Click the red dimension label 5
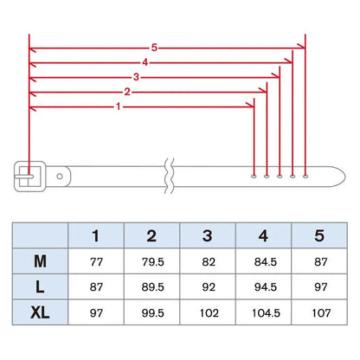coord(154,48)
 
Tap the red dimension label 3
coord(136,77)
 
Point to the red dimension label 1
coord(118,106)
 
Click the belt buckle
coord(30,177)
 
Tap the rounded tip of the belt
coord(344,177)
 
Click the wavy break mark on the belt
coord(169,176)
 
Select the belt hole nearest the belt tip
coord(305,176)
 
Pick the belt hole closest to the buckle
coord(254,176)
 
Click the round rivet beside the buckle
coord(60,177)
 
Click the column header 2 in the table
coord(151,235)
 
